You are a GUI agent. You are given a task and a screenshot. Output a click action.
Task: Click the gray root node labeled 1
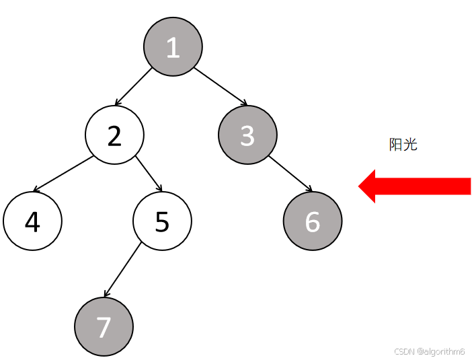(x=173, y=46)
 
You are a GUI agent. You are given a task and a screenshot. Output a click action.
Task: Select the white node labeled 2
(x=114, y=135)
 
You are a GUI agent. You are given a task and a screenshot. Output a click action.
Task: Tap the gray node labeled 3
(x=247, y=135)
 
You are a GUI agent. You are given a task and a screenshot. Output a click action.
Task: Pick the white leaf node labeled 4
(x=32, y=221)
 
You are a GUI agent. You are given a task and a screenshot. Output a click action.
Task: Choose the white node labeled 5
(x=162, y=221)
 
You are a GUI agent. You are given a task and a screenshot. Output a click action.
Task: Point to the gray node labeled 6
(x=313, y=221)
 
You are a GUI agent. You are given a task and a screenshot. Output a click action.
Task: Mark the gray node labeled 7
(x=104, y=326)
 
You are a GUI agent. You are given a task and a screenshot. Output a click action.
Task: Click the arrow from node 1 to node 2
(x=133, y=87)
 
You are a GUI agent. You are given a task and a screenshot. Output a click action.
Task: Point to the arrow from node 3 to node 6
(x=290, y=174)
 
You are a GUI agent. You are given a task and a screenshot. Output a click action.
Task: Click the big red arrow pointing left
(x=417, y=186)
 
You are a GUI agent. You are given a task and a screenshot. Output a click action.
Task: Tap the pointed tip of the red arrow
(x=360, y=186)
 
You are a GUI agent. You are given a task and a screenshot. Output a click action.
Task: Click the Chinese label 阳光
(x=403, y=144)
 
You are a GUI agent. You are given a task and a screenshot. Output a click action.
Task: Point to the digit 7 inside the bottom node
(x=104, y=327)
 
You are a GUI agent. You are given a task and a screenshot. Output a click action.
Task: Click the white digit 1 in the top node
(x=173, y=47)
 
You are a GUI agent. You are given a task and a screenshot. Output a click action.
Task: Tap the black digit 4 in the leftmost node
(x=32, y=221)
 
